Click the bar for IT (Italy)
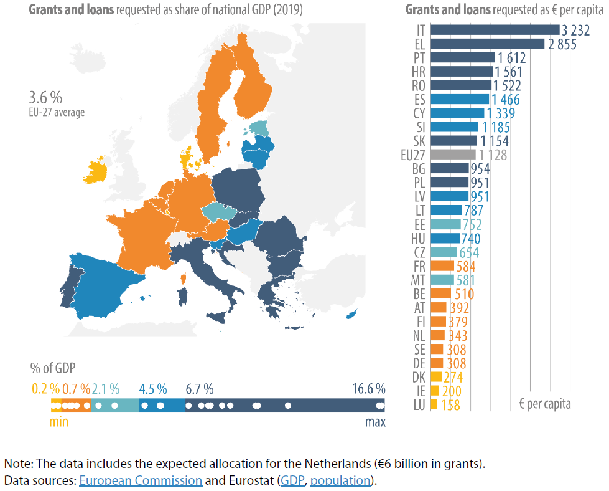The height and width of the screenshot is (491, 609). point(495,29)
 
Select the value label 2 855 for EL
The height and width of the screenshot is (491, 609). point(561,44)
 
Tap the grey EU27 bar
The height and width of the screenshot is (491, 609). point(453,155)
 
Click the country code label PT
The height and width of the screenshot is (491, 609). point(419,58)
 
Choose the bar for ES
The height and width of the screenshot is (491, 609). point(459,99)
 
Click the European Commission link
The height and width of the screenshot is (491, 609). point(141,480)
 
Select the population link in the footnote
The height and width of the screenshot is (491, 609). point(340,480)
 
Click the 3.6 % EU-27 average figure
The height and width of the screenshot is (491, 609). point(45,98)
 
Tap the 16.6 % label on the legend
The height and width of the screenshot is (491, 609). point(368,389)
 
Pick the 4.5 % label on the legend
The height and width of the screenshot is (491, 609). point(153,389)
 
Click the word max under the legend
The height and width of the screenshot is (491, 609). point(374,422)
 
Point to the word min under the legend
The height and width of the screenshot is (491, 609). point(58,422)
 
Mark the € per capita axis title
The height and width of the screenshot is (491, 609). point(544,404)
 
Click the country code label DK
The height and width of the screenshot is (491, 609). point(419,377)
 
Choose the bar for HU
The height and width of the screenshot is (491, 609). point(445,238)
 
